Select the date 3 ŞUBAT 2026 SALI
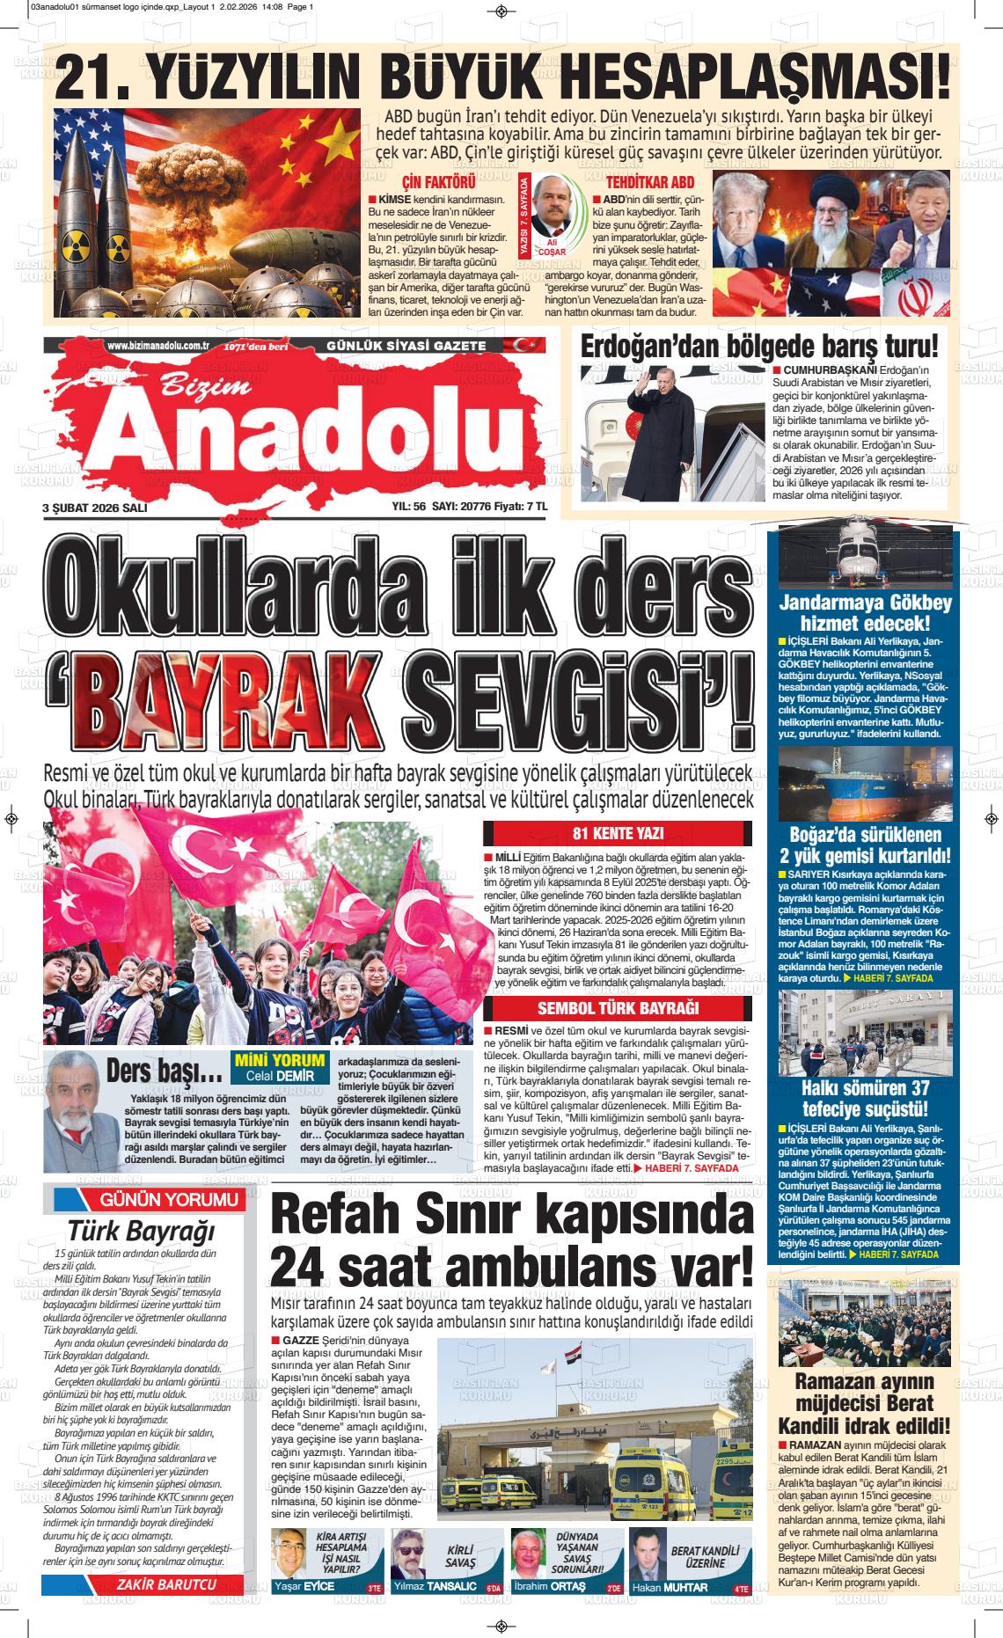(95, 508)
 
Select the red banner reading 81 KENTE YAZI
(618, 834)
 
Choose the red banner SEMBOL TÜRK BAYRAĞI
(618, 1008)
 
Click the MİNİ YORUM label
(280, 1060)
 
